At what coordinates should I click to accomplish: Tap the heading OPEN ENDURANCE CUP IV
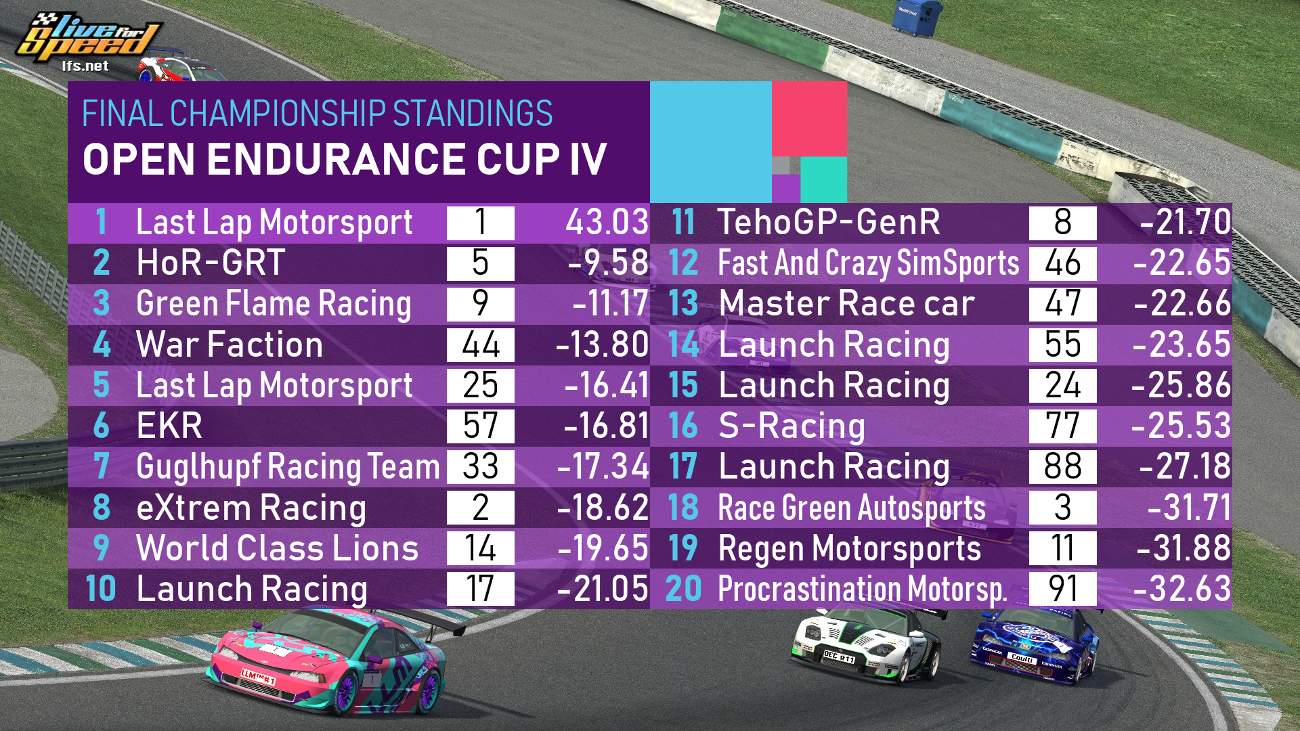[344, 159]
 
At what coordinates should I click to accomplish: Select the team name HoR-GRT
[210, 263]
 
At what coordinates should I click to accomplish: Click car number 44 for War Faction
[480, 345]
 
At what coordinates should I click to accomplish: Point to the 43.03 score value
[607, 223]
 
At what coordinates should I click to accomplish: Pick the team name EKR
[169, 426]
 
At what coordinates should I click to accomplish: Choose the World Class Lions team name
[278, 548]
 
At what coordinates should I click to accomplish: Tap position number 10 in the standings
[101, 588]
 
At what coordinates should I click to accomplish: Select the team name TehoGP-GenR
[829, 223]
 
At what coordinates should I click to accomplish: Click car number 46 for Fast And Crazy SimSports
[1062, 263]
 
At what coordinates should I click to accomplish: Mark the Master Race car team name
[846, 304]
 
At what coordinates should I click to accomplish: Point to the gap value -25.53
[1181, 426]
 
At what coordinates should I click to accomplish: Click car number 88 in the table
[1062, 466]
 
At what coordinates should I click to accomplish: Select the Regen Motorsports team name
[849, 548]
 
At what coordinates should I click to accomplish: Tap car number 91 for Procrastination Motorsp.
[1062, 588]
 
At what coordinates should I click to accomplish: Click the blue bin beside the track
[916, 17]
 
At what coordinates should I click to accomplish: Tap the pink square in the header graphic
[809, 118]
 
